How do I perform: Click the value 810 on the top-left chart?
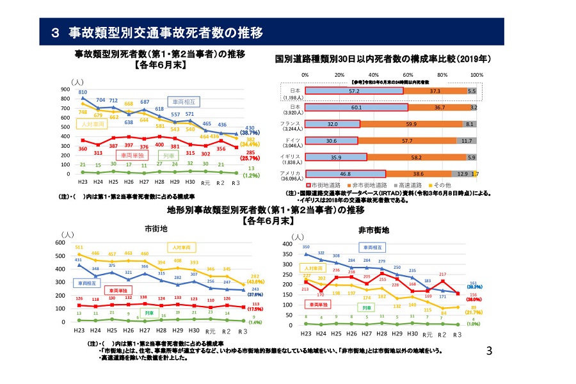(x=83, y=93)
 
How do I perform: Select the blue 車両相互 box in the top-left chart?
(x=185, y=101)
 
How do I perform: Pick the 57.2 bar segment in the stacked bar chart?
(x=354, y=92)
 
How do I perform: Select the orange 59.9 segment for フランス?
(x=411, y=124)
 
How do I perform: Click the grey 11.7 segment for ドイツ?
(x=466, y=140)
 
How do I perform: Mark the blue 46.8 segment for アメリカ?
(x=345, y=173)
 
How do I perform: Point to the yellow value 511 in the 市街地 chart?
(x=79, y=247)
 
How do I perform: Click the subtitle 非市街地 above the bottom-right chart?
(x=378, y=229)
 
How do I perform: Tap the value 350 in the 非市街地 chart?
(x=306, y=247)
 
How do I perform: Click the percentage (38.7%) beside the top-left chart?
(x=250, y=132)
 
